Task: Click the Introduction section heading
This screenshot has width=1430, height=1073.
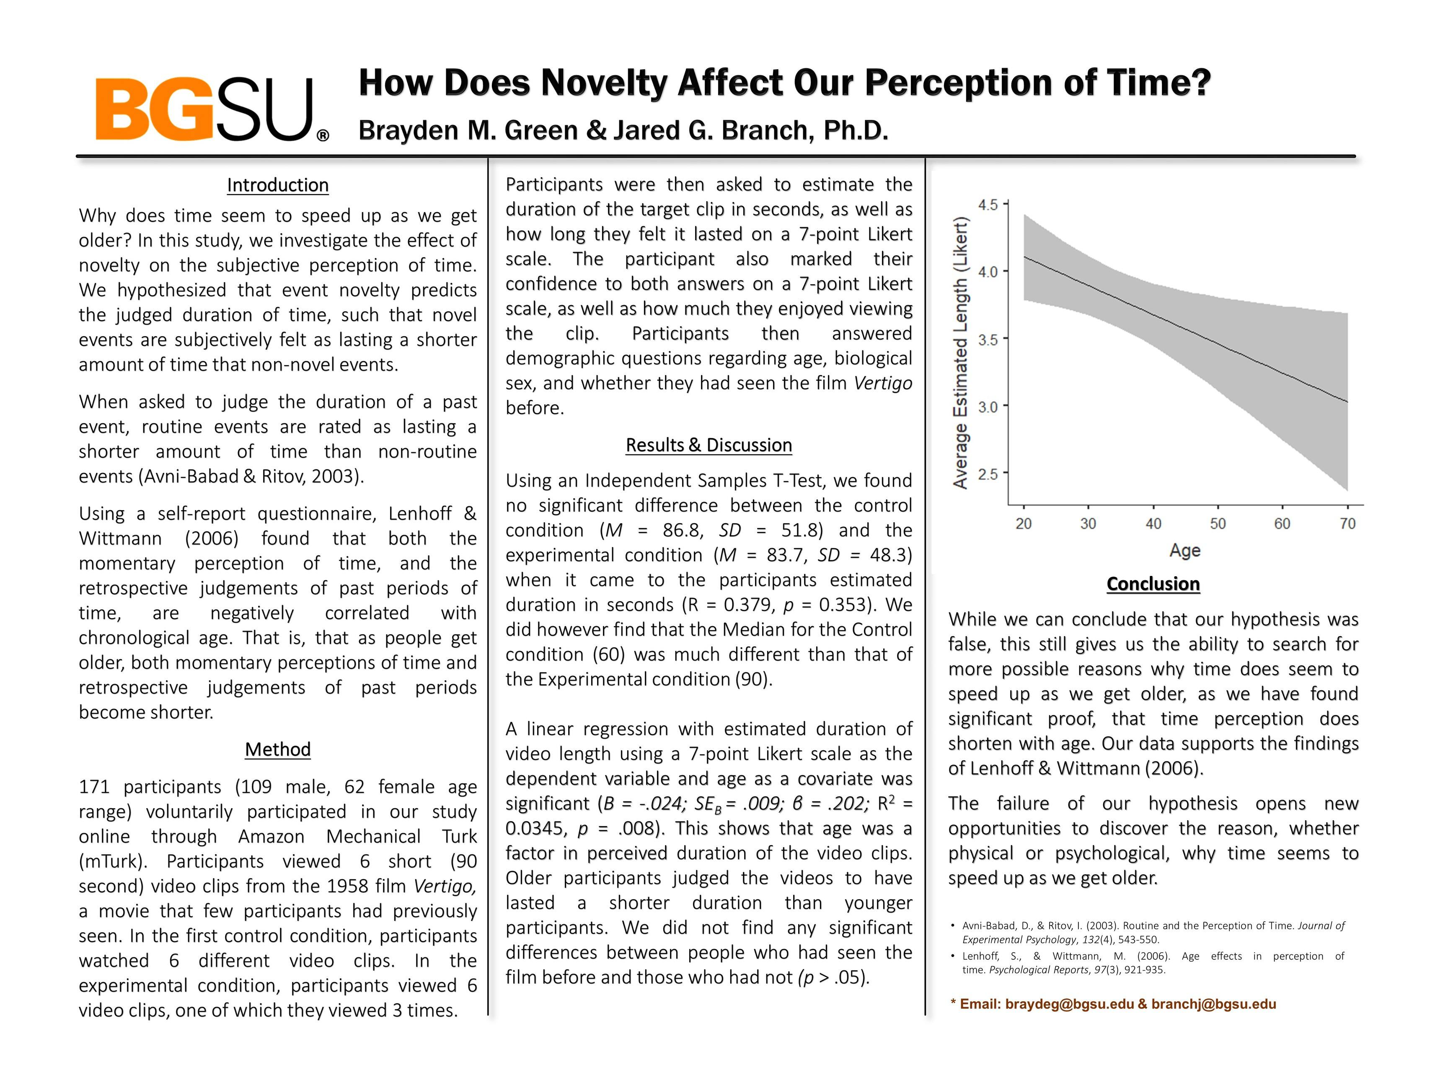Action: [277, 186]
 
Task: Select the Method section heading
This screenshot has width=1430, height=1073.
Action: [277, 749]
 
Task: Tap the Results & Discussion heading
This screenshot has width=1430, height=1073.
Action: [709, 445]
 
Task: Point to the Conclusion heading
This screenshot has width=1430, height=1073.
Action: [1153, 584]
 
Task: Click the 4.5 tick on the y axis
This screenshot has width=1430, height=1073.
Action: [988, 205]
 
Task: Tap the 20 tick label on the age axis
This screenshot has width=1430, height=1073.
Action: [1023, 524]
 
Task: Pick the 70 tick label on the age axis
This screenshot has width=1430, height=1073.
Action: [1347, 524]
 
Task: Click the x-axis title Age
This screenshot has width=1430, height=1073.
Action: [1184, 551]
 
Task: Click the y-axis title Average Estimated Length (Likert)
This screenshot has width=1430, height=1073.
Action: [961, 354]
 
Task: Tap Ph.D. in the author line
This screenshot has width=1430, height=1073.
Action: [855, 131]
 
